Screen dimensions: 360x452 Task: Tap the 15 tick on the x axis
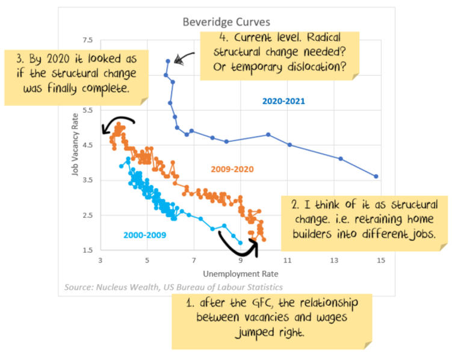coord(381,261)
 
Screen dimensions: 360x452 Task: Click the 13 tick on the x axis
coord(335,261)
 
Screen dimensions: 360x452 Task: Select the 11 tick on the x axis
coord(288,261)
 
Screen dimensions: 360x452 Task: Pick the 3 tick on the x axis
coord(101,261)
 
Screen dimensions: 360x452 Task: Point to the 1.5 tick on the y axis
coord(88,250)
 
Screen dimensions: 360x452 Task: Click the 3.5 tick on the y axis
coord(88,181)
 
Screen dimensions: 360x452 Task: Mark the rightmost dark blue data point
coord(376,176)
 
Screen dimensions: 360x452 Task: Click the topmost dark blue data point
coord(169,61)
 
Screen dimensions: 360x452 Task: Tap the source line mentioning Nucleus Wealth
coord(173,287)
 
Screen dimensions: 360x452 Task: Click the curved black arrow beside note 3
coord(117,122)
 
